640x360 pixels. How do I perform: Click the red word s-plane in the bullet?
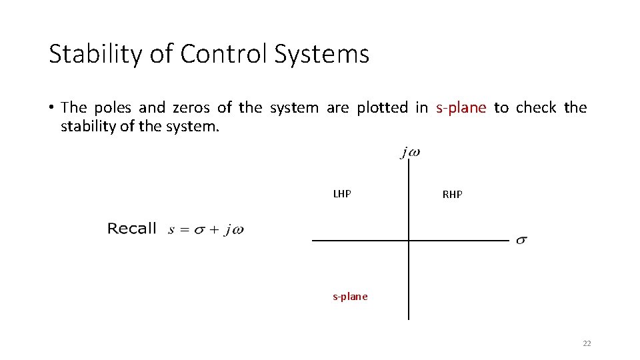click(x=461, y=108)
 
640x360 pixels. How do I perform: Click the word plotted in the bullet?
click(x=382, y=108)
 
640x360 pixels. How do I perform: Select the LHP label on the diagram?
click(x=342, y=194)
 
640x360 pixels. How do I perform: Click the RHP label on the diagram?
click(x=452, y=195)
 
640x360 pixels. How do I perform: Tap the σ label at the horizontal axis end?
click(x=521, y=240)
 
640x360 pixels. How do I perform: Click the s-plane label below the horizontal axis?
click(x=350, y=297)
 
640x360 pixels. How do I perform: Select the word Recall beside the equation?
click(x=132, y=229)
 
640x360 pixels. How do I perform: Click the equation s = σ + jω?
click(x=206, y=230)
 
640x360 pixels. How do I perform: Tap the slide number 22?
click(x=587, y=343)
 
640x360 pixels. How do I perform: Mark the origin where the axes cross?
click(x=409, y=240)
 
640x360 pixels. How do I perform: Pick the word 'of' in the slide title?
click(x=161, y=54)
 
